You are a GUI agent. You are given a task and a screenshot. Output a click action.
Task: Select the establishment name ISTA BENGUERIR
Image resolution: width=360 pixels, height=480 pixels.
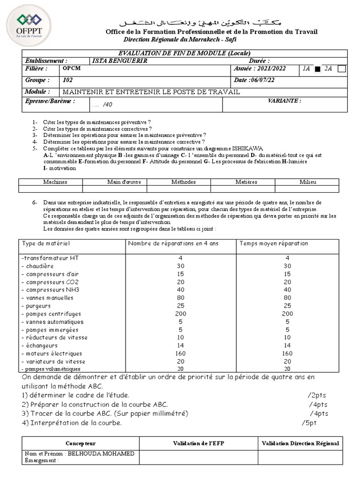(113, 61)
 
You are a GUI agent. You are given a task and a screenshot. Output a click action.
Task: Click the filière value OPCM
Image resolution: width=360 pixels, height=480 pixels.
(72, 68)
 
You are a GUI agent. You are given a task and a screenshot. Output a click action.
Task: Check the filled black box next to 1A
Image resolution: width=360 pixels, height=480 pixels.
(317, 69)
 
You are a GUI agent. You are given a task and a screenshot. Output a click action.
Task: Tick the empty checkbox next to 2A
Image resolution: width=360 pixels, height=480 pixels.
(342, 69)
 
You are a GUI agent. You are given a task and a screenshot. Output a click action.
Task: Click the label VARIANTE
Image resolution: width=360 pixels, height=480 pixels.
(284, 101)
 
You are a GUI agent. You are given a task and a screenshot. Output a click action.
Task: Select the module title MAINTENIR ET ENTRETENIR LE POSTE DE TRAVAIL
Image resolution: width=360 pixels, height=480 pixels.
(151, 92)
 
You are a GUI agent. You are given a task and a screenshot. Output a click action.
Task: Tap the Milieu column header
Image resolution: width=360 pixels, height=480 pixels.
(307, 182)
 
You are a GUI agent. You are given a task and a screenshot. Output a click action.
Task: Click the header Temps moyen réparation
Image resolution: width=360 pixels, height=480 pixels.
(274, 244)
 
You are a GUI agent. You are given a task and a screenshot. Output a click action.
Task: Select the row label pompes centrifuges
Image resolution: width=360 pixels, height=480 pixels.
(52, 314)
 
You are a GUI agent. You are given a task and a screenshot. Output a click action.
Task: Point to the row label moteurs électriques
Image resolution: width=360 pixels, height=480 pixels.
(52, 353)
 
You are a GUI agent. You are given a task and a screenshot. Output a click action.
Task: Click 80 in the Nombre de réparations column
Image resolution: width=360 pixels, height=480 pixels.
(180, 298)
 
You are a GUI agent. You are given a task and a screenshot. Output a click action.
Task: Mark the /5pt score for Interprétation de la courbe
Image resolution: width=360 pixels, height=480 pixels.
(310, 423)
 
